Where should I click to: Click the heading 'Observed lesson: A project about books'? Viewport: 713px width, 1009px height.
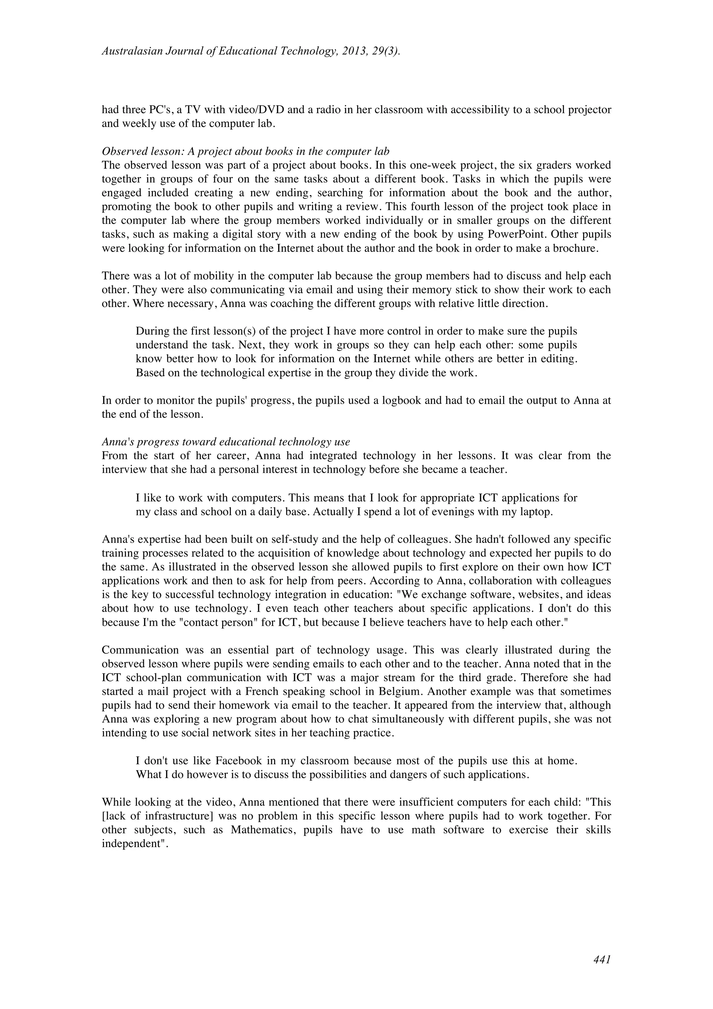pos(245,151)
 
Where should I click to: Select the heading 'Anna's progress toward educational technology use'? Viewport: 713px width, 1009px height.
pos(226,442)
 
